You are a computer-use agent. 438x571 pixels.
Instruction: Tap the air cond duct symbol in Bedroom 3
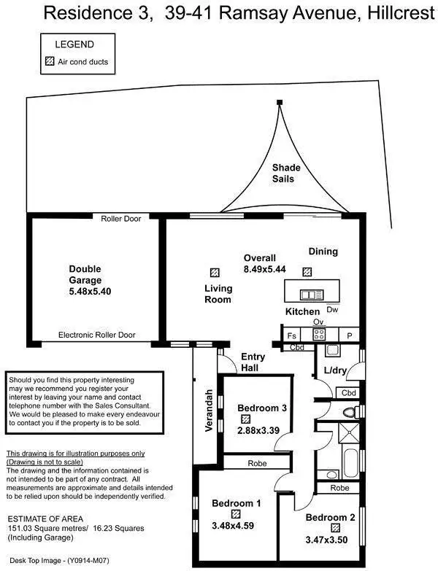point(246,419)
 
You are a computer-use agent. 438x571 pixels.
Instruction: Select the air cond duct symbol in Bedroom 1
point(235,513)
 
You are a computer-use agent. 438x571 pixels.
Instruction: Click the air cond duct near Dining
point(307,272)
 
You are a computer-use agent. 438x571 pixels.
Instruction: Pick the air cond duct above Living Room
point(214,272)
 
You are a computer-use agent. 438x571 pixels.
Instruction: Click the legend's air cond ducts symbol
point(50,62)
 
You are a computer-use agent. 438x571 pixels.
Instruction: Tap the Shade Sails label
point(286,173)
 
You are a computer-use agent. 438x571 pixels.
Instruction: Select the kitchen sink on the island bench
point(311,295)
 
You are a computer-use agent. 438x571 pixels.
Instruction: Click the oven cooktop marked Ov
point(318,334)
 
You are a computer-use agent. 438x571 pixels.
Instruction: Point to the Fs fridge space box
point(291,335)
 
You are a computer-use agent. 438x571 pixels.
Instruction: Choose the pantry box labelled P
point(350,335)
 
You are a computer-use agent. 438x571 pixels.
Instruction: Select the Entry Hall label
point(255,362)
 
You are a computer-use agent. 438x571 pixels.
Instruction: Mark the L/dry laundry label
point(334,371)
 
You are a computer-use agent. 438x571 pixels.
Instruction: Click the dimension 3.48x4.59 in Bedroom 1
point(236,525)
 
